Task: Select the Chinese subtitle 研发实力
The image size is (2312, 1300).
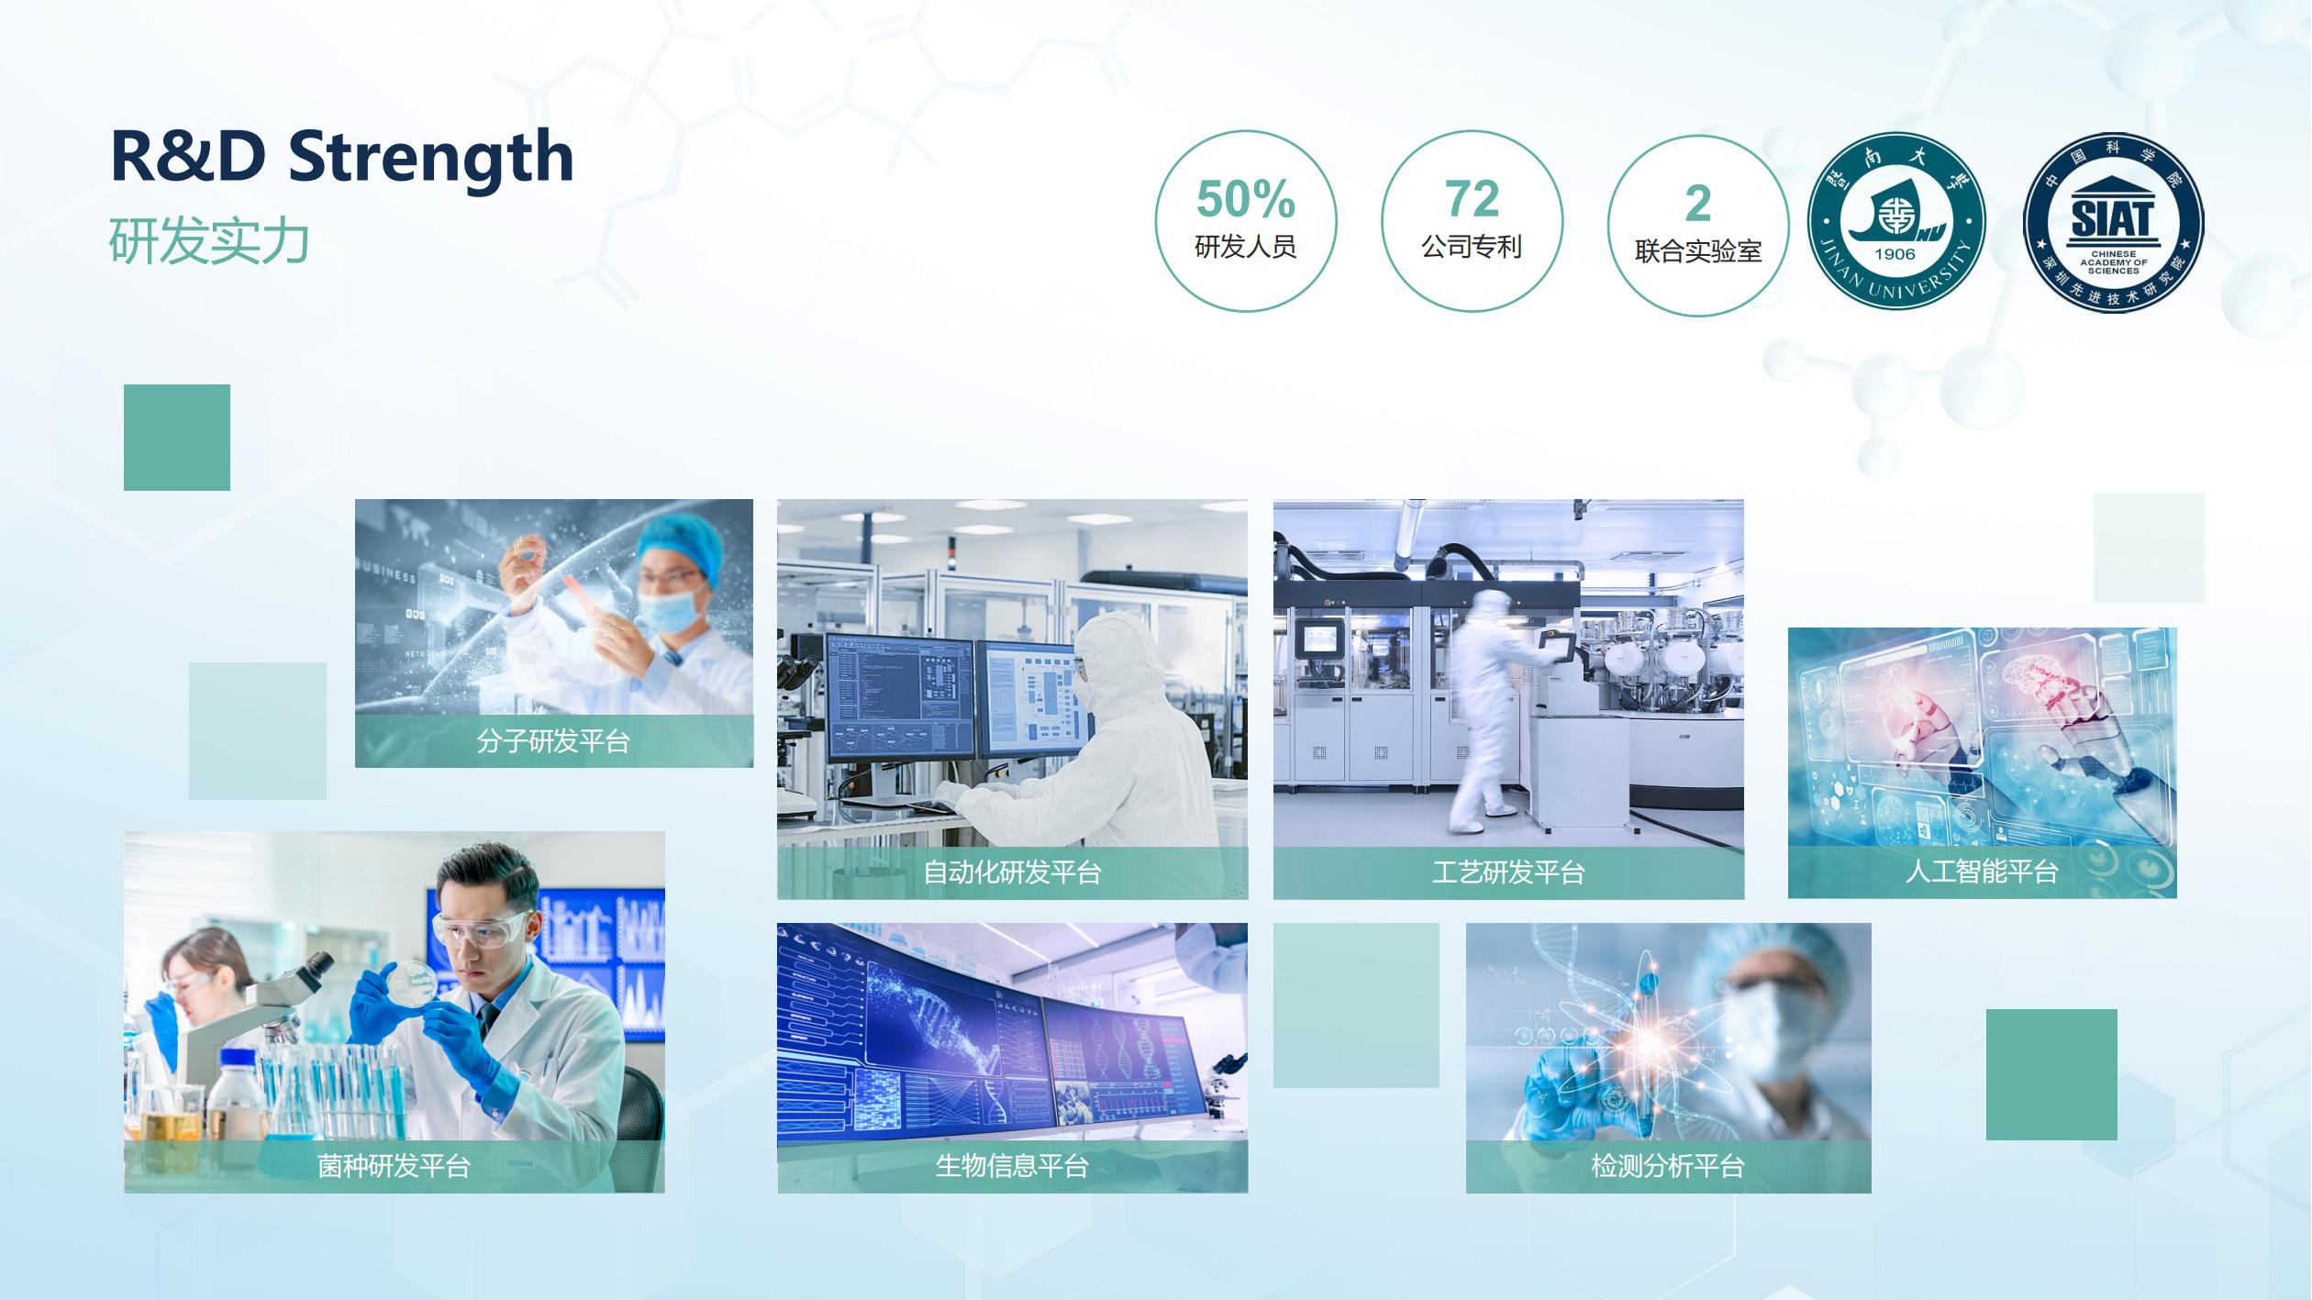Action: (x=209, y=241)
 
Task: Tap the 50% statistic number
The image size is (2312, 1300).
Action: (x=1245, y=199)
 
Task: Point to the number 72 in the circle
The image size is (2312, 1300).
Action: (x=1472, y=198)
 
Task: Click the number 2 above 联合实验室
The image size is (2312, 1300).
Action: (x=1698, y=204)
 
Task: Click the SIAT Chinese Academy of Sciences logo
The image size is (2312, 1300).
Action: (x=2114, y=223)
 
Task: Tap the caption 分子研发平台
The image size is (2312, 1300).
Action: (x=553, y=740)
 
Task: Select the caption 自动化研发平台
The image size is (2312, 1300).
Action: (x=1012, y=872)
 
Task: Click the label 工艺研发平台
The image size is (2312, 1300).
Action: (x=1508, y=872)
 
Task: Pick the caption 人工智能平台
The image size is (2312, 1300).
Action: (x=1982, y=871)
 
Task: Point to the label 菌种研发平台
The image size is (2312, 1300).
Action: (x=394, y=1166)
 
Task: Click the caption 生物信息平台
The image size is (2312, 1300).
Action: (x=1012, y=1166)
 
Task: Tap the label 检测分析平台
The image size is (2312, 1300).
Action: (x=1668, y=1166)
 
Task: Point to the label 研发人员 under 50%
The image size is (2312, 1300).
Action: (x=1245, y=247)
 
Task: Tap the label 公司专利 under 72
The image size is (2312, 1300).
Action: (x=1472, y=247)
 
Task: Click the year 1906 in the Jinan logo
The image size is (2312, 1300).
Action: (x=1895, y=254)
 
